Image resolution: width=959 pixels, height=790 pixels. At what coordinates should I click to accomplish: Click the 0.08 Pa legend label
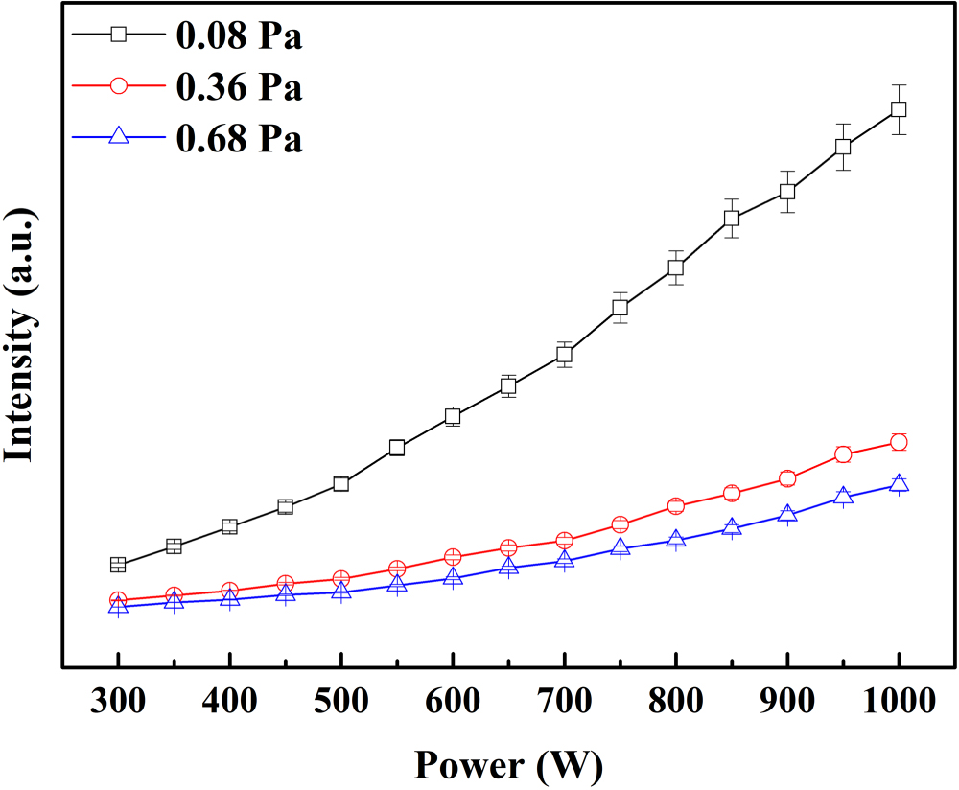click(239, 35)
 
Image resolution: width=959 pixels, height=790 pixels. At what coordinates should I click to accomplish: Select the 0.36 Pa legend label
click(239, 87)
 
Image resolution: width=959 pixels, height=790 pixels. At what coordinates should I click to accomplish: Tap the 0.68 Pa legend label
click(239, 139)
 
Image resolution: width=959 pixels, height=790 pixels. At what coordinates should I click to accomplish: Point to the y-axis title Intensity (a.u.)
click(20, 336)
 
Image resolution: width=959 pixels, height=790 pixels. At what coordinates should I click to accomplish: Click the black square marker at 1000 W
click(899, 109)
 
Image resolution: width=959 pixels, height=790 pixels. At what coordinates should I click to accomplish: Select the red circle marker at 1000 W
click(899, 442)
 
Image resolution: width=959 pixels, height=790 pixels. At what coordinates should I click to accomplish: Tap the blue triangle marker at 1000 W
click(899, 483)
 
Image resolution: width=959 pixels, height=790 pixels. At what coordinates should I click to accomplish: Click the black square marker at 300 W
click(118, 565)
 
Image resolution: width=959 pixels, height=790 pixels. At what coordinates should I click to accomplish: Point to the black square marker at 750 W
click(620, 308)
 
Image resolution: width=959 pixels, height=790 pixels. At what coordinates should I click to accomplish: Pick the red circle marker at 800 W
click(675, 506)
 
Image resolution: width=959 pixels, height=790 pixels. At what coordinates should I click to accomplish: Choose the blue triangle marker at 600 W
click(453, 577)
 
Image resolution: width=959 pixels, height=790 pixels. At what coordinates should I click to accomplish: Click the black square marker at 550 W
click(397, 448)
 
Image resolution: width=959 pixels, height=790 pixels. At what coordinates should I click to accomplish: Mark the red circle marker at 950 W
click(843, 454)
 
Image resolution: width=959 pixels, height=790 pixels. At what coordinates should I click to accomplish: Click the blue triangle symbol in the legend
click(118, 137)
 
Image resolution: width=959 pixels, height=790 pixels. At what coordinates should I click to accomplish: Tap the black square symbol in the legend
click(118, 35)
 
